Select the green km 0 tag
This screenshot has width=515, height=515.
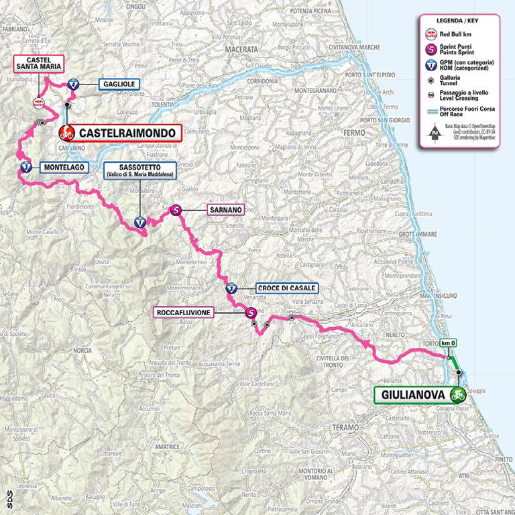point(449,343)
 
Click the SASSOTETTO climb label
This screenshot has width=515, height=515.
point(140,170)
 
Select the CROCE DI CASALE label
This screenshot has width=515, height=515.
point(281,288)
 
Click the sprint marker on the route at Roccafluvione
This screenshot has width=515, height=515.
point(251,312)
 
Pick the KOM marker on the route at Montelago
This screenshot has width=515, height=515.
point(25,167)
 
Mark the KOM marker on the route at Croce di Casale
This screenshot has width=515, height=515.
point(231,289)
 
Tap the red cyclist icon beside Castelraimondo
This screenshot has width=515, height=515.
point(67,133)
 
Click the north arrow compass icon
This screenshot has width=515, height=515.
point(434,133)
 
